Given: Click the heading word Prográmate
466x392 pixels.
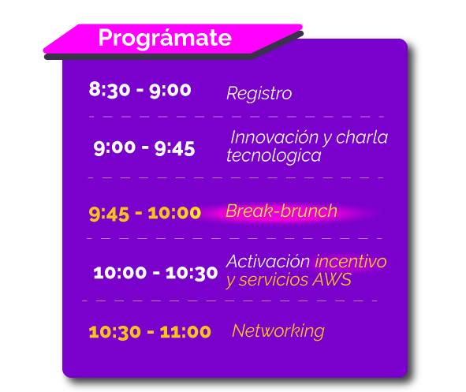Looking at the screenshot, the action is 165,38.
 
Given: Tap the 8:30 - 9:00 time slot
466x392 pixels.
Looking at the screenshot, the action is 140,90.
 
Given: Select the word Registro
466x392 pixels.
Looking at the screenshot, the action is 259,93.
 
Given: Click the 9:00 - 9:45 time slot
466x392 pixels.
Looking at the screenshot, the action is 144,148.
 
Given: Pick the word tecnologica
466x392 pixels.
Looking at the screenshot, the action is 274,155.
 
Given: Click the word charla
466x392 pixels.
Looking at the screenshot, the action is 362,137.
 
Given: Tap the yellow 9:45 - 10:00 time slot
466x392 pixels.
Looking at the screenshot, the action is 145,214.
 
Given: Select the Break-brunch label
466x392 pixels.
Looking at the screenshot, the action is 281,211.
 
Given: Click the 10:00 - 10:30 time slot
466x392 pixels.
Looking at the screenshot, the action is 155,273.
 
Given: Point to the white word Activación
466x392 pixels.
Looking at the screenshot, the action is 268,262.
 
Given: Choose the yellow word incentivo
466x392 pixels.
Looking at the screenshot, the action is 351,262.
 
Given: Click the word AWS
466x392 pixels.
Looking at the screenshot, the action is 332,280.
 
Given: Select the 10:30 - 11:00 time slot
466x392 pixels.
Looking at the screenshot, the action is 150,332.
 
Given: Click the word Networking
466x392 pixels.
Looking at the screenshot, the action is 278,331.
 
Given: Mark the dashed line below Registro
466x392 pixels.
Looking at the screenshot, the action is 237,117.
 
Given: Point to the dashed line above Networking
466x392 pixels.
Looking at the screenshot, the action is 229,301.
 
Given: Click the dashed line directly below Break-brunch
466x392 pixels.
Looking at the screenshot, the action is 234,238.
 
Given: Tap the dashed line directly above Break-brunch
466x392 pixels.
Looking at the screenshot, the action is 236,177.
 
